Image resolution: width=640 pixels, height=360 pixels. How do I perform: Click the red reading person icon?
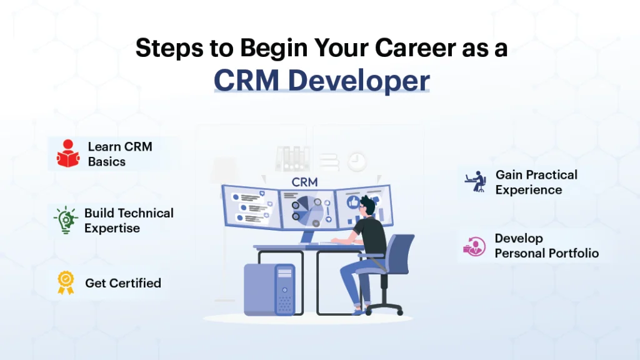click(x=67, y=154)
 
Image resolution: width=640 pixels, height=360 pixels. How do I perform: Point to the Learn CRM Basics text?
click(x=119, y=154)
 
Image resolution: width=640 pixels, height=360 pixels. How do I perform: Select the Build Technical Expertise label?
click(x=129, y=220)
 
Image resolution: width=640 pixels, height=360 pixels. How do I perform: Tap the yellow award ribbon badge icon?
click(x=66, y=282)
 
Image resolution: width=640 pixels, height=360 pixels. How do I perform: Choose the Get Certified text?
click(x=123, y=283)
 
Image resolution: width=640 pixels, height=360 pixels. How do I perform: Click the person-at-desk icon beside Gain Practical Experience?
click(x=476, y=181)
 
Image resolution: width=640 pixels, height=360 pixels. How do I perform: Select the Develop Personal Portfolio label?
click(x=546, y=246)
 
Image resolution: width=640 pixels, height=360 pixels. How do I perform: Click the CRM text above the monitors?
click(x=304, y=182)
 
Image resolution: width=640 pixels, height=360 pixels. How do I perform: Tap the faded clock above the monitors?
click(x=357, y=162)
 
